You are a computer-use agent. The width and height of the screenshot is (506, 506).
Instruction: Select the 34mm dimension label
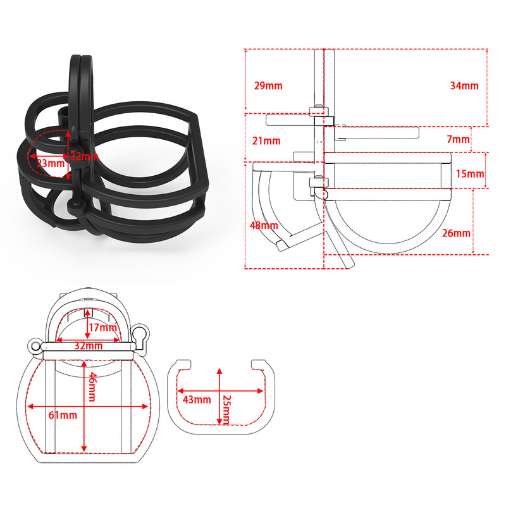click(x=464, y=86)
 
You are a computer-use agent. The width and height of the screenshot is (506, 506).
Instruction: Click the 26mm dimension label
click(x=456, y=233)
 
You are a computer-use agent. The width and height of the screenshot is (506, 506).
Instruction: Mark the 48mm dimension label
click(x=264, y=226)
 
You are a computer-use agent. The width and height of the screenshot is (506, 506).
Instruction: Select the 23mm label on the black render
click(x=51, y=163)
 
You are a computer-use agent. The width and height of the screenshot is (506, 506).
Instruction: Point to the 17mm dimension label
click(x=102, y=327)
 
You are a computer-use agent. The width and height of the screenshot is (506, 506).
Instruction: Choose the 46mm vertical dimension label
click(x=92, y=387)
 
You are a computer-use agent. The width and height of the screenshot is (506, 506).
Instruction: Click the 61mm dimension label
click(x=63, y=415)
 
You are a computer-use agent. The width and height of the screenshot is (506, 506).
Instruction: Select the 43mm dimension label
click(x=197, y=399)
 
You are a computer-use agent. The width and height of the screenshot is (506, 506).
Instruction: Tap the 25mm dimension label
click(x=227, y=409)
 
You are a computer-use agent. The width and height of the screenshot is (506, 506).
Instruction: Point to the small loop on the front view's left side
click(x=36, y=346)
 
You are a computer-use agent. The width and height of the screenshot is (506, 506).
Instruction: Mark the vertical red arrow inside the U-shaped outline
click(x=218, y=395)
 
